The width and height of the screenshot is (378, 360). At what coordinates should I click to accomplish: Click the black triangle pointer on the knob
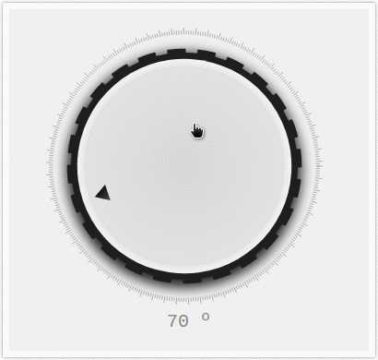tap(104, 194)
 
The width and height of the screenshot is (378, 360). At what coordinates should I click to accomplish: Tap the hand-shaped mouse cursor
tap(197, 131)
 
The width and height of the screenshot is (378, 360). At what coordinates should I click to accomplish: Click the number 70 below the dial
tap(178, 321)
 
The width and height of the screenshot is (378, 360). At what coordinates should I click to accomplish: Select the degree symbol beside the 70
tap(206, 317)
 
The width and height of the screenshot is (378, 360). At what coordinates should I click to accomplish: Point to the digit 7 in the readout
tap(172, 321)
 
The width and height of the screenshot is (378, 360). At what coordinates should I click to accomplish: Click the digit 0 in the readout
tap(183, 321)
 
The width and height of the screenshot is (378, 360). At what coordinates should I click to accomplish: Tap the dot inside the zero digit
tap(183, 321)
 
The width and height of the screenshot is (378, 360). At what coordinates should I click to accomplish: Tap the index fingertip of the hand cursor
tap(195, 125)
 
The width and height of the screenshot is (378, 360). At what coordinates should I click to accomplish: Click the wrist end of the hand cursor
tap(198, 138)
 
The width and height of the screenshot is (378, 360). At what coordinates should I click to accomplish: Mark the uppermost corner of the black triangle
tap(104, 186)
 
